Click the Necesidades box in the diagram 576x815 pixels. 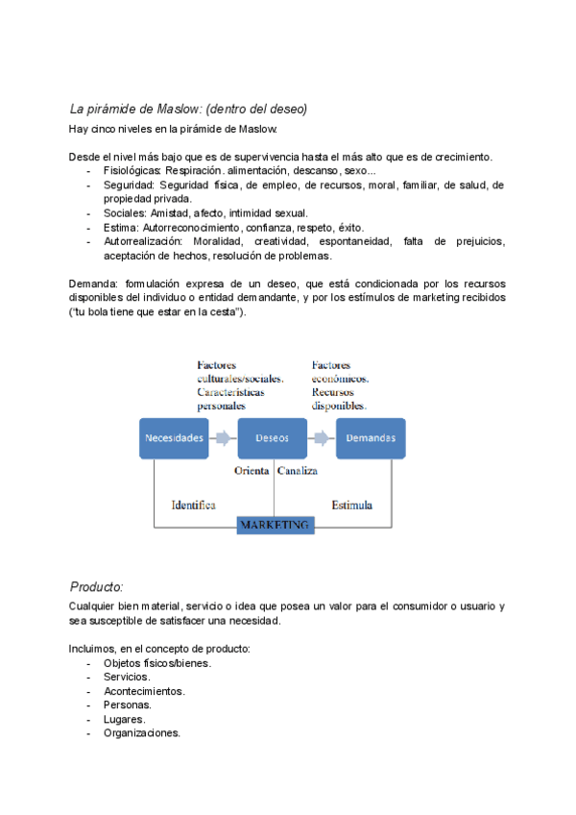[x=174, y=438]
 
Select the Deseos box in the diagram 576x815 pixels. [x=272, y=438]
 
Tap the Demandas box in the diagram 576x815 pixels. [x=370, y=438]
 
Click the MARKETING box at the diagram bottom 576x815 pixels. [x=275, y=526]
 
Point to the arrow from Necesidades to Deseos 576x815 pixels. [x=223, y=438]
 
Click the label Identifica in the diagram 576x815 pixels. [x=193, y=505]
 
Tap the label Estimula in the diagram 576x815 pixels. [x=352, y=505]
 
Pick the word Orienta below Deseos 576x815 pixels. [x=252, y=472]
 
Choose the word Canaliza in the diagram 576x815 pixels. [x=298, y=472]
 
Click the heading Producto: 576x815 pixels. [x=97, y=586]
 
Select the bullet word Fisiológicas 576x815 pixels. [x=132, y=170]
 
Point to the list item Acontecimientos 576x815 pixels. [x=144, y=691]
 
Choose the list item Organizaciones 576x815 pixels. [x=142, y=733]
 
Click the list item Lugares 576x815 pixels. [x=125, y=719]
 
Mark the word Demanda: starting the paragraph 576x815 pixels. [x=95, y=284]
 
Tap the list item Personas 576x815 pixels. [x=128, y=704]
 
